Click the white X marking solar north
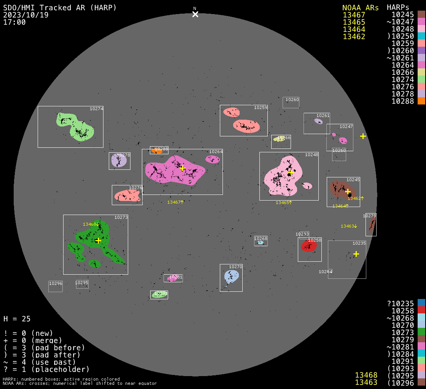coord(195,14)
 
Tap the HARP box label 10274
coord(96,109)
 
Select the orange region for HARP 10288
coord(156,151)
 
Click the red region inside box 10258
coord(309,246)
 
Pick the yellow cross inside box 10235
coord(356,254)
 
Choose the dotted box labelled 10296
coord(56,286)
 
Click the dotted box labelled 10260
coord(291,103)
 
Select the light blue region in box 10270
coord(231,277)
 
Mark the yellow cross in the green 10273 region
coord(98,240)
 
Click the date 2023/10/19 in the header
coord(26,15)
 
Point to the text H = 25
coord(17,319)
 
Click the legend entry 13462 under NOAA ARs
coord(354,36)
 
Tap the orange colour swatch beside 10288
coord(421,101)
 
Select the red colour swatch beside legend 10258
coord(421,311)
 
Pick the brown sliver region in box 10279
coord(371,227)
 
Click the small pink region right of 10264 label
coord(212,159)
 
